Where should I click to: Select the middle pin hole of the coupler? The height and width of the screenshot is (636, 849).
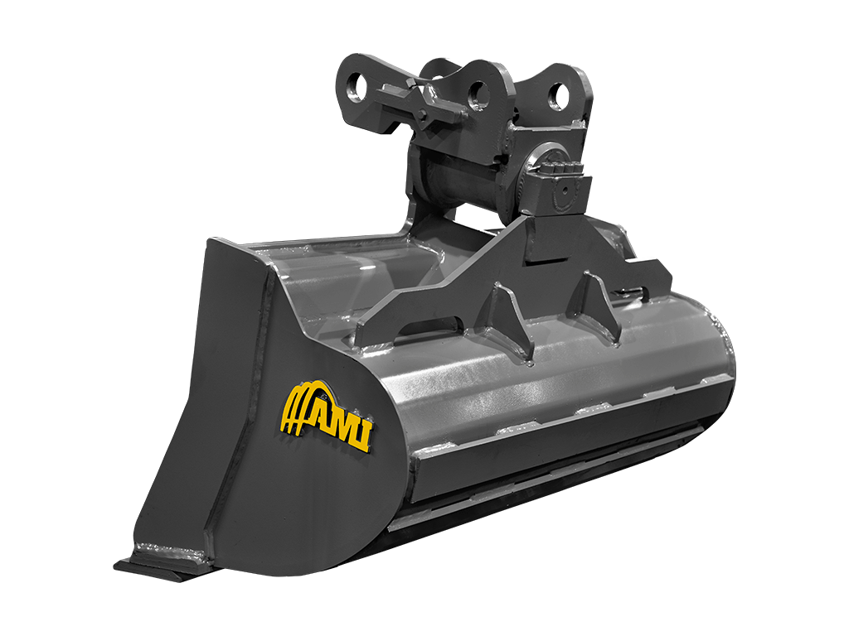[478, 95]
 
